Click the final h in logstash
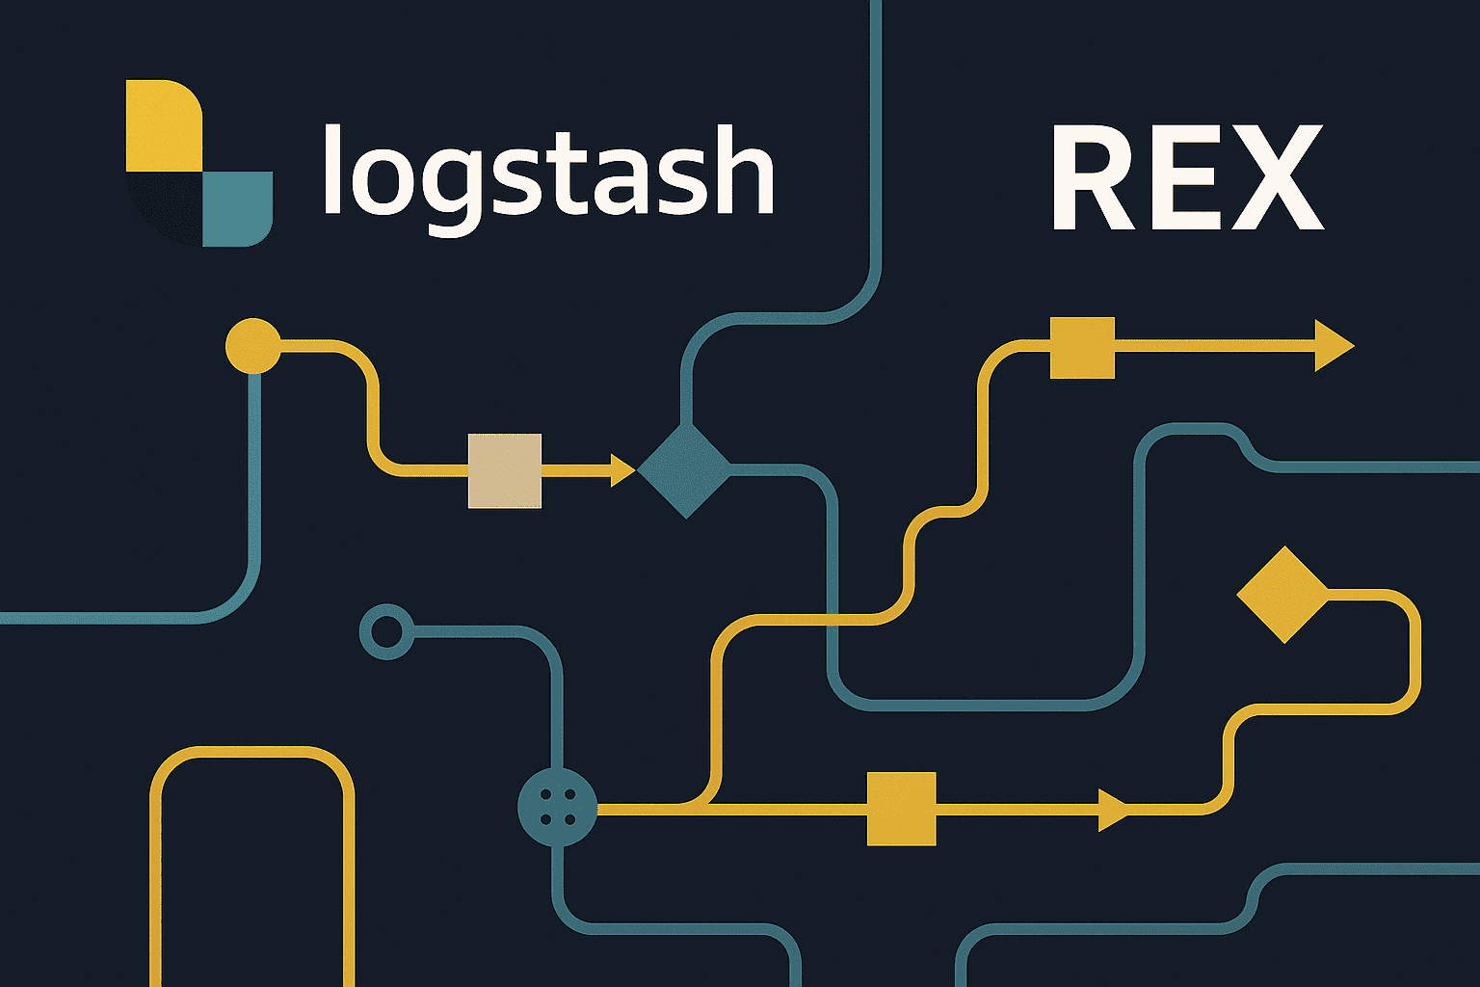tap(743, 171)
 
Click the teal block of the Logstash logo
tap(237, 208)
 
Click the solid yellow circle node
tap(253, 345)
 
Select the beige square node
tap(504, 470)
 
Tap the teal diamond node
tap(685, 470)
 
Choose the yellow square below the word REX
tap(1081, 347)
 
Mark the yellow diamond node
tap(1282, 595)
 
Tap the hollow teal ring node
tap(387, 632)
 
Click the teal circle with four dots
tap(557, 807)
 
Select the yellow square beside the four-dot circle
tap(901, 809)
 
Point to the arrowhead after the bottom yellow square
tap(1112, 809)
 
